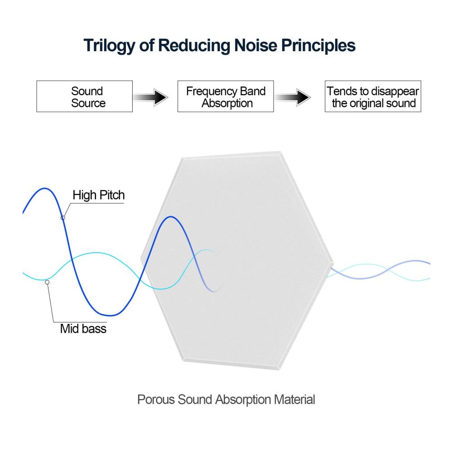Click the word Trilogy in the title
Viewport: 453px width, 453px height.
click(x=109, y=46)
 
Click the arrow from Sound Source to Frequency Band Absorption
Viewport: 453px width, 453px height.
click(x=150, y=97)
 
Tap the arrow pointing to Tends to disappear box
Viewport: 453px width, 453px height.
click(x=292, y=97)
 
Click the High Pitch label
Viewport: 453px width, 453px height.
click(x=98, y=195)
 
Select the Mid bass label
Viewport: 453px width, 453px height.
click(x=83, y=329)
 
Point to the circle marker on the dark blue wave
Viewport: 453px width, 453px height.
click(x=63, y=217)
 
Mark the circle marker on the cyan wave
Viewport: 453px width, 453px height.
click(x=47, y=282)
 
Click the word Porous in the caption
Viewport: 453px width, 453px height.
click(x=156, y=400)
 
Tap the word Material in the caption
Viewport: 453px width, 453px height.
click(x=294, y=400)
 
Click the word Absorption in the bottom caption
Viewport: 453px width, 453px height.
click(x=243, y=400)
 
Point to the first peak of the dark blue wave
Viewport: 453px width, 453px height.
click(x=44, y=188)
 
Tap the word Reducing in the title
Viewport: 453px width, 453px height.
click(x=194, y=46)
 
